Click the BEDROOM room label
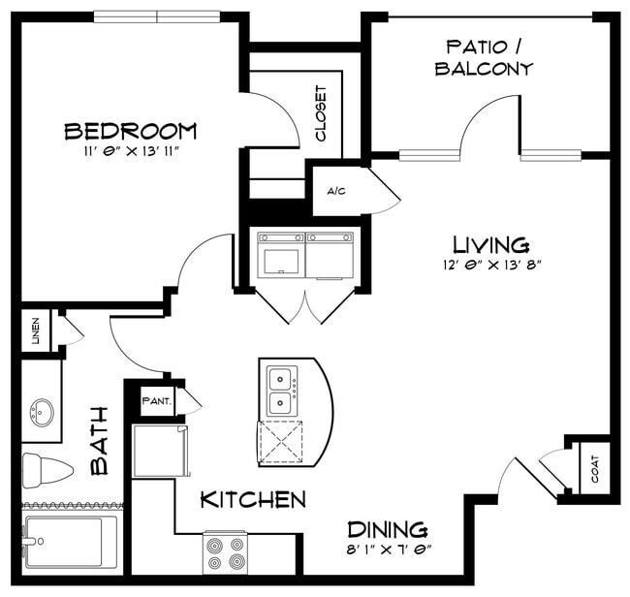pos(131,132)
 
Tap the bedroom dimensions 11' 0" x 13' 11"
pos(131,151)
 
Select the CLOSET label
pos(321,113)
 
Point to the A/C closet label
pos(336,191)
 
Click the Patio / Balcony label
pos(484,58)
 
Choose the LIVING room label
pos(491,244)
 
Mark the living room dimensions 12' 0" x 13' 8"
pos(492,266)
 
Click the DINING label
pos(388,529)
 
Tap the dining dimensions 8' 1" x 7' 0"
pos(389,550)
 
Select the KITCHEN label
pos(253,499)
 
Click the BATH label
pos(100,441)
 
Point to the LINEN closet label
pos(36,330)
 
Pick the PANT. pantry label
pos(157,401)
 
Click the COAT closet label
pos(595,469)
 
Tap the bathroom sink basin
pos(42,413)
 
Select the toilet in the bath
pos(47,470)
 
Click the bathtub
pos(72,542)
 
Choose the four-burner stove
pos(225,552)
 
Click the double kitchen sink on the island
pos(281,391)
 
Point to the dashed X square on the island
pos(281,442)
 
